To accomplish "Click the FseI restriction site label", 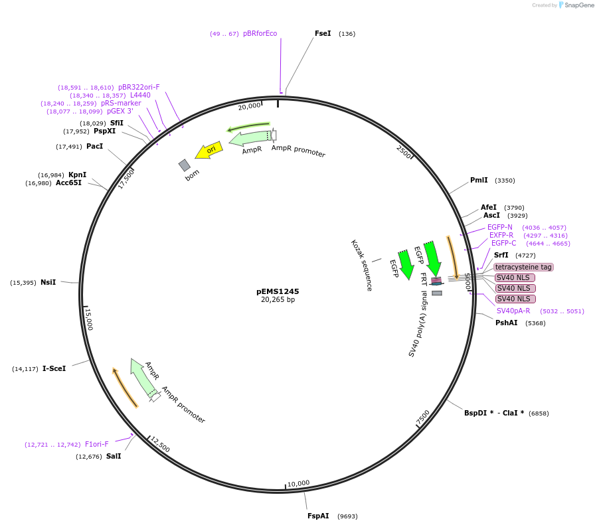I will coord(323,33).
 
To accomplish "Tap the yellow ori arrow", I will coord(209,150).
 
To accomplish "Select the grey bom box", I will coord(185,165).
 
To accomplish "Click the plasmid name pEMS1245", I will coord(278,291).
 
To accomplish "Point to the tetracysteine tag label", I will coord(523,267).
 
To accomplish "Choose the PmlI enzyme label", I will coord(479,180).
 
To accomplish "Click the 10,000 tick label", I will coord(298,483).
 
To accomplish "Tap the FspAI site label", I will coord(318,516).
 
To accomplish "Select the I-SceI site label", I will coord(54,368).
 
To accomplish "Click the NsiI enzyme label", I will coord(48,282).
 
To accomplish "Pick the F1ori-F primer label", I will coord(96,444).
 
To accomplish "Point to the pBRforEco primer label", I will coord(260,33).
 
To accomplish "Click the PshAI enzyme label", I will coord(506,323).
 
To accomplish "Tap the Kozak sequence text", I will coord(361,265).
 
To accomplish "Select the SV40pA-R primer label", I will coord(513,310).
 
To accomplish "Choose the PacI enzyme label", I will coord(94,146).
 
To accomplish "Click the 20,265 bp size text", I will coord(278,300).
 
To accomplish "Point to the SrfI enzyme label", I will coord(501,255).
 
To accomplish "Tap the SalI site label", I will coord(114,456).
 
